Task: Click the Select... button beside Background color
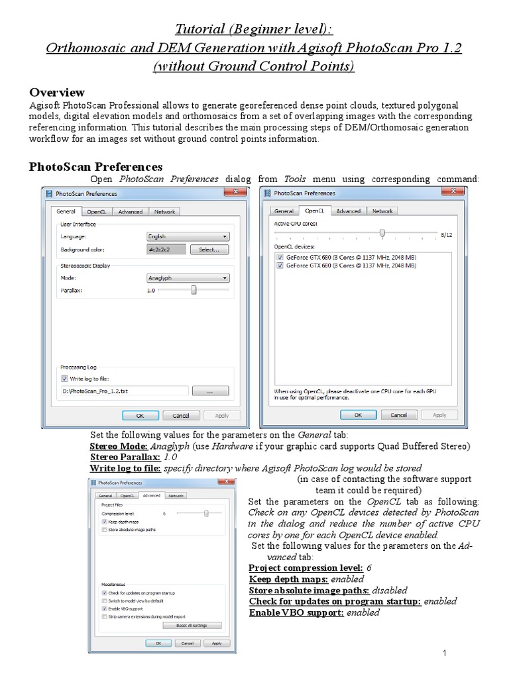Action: tap(209, 250)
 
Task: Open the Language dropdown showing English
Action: tap(188, 236)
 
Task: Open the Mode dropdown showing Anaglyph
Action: tap(188, 279)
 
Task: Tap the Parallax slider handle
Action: tap(194, 290)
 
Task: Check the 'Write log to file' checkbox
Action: tap(64, 379)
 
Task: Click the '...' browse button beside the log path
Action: tap(209, 391)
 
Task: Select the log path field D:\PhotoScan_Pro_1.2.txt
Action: tap(123, 391)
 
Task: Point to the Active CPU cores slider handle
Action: tap(382, 233)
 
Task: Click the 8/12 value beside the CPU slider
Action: tap(447, 234)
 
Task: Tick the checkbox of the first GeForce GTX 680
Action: tap(280, 257)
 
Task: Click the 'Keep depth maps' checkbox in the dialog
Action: tap(105, 522)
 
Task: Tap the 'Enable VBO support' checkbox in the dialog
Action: tap(105, 608)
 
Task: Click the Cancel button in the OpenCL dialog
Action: tap(399, 415)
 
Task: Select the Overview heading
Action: tap(57, 92)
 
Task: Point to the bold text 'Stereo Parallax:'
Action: tap(125, 457)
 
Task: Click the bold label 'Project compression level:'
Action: tap(306, 568)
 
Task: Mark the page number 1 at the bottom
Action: tap(446, 654)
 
